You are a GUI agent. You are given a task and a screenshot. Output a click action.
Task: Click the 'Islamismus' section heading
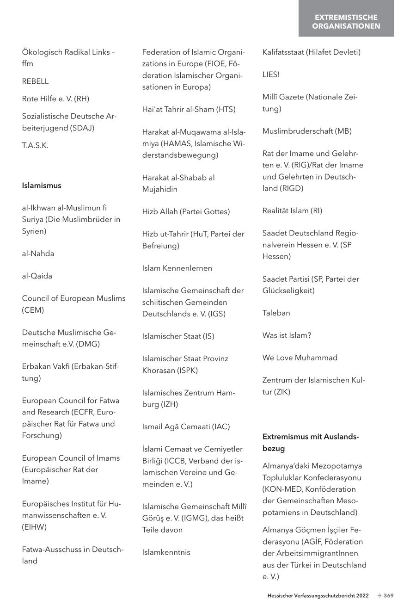tap(42, 185)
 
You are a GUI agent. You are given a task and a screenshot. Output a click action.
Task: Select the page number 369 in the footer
tap(388, 596)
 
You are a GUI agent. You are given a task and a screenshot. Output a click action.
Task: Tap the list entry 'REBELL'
tap(35, 81)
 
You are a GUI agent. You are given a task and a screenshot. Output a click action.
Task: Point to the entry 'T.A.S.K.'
tap(35, 145)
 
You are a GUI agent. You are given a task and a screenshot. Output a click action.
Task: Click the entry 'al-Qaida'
tap(37, 276)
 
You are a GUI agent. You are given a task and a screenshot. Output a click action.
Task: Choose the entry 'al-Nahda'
tap(38, 253)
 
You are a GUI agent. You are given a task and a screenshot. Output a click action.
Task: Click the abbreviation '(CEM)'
tap(33, 310)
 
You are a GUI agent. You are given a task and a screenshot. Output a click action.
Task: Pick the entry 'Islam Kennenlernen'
tap(177, 268)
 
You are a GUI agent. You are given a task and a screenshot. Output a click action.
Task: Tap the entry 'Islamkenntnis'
tap(166, 552)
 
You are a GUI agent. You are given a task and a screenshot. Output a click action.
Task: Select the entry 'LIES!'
tap(271, 74)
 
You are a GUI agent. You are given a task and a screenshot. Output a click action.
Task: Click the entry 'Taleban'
tap(276, 313)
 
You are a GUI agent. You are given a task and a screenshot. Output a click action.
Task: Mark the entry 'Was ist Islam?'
tap(287, 335)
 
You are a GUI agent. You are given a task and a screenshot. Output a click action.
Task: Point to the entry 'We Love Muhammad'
tap(300, 358)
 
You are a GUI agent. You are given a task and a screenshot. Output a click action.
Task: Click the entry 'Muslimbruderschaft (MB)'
tap(307, 131)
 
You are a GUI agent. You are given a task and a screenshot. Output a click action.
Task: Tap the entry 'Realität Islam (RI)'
tap(292, 211)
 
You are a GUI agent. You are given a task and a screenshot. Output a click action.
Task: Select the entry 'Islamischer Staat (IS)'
tap(178, 336)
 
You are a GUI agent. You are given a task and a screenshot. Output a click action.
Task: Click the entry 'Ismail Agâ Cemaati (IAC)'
tap(186, 427)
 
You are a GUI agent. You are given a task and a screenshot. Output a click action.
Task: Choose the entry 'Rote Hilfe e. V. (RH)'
tap(55, 99)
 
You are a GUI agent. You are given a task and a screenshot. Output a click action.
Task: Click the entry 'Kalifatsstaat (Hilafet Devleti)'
tap(311, 52)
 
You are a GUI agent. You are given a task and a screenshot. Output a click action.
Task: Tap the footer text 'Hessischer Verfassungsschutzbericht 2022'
tap(318, 596)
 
